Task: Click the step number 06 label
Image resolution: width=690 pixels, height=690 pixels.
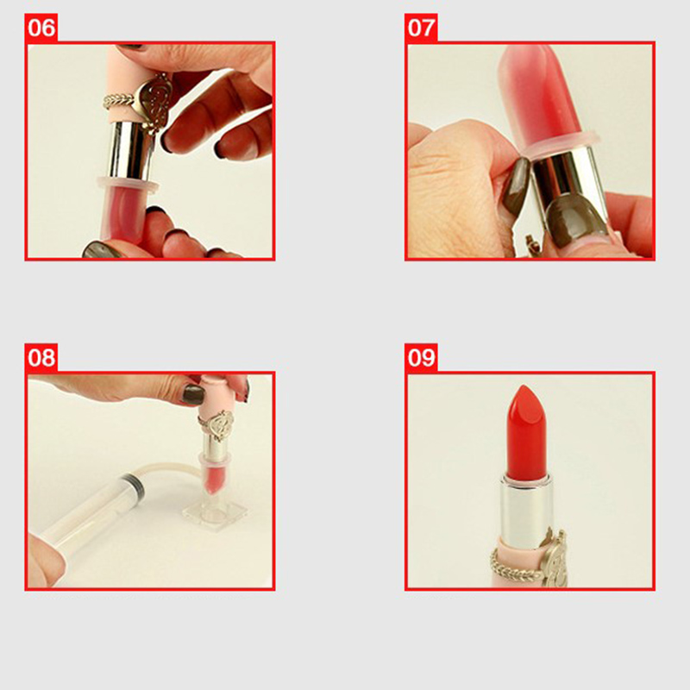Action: pos(41,28)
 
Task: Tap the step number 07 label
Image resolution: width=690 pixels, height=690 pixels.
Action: pos(421,28)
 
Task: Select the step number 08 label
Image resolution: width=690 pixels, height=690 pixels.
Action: pos(41,357)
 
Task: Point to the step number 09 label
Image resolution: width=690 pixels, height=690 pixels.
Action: pos(421,357)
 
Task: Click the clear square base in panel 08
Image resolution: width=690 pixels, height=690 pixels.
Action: pos(215,514)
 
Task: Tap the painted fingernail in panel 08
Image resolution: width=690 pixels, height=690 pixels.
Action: pos(193,394)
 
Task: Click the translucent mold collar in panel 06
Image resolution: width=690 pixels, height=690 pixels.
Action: pos(128,185)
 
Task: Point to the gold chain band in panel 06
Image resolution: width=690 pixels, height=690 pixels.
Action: pos(119,101)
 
